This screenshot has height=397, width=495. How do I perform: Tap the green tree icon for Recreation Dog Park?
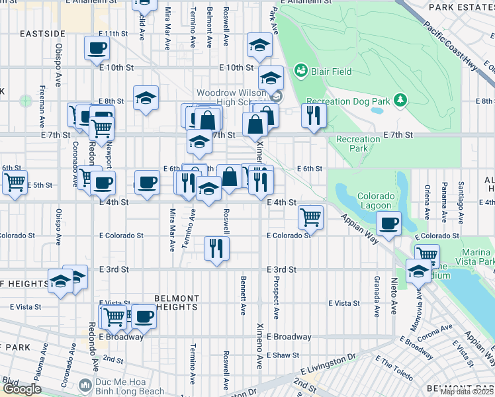pyautogui.click(x=400, y=100)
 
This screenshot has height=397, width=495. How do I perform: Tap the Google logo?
pyautogui.click(x=22, y=389)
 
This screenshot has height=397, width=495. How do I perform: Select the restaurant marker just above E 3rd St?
pyautogui.click(x=216, y=249)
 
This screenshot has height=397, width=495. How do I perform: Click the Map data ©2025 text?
pyautogui.click(x=467, y=392)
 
